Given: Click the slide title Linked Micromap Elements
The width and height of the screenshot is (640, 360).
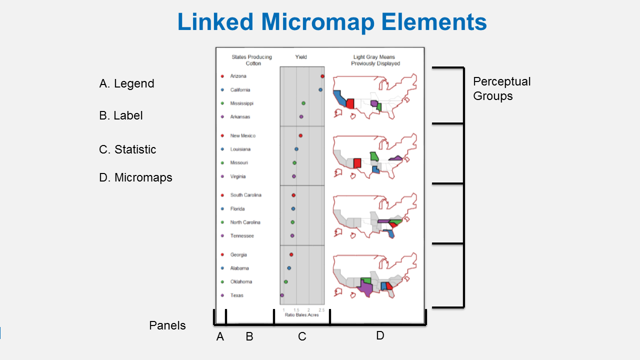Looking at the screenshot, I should click(332, 22).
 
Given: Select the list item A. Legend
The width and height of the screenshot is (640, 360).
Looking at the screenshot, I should click(126, 83).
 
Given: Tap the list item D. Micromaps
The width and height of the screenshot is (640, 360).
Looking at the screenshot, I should click(135, 177).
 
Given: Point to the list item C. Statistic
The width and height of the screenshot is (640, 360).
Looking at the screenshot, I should click(127, 149).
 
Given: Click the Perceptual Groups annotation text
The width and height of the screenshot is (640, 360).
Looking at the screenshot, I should click(501, 88).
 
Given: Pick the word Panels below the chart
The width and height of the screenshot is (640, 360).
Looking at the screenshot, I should click(167, 325).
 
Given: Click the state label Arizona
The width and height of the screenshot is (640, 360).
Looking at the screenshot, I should click(238, 76).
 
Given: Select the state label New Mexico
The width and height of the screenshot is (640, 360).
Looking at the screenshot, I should click(242, 135).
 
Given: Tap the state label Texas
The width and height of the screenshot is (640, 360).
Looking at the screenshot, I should click(236, 295).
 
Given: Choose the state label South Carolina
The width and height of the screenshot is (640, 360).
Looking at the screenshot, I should click(245, 195).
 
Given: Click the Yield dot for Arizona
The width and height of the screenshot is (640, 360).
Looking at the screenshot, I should click(322, 76).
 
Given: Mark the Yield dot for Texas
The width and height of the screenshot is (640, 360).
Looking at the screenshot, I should click(282, 295).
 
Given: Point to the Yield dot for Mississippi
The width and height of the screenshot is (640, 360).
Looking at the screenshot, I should click(303, 103).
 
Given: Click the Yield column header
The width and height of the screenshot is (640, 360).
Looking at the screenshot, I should click(301, 57).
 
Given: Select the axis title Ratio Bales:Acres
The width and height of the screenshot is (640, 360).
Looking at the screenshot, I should click(301, 315).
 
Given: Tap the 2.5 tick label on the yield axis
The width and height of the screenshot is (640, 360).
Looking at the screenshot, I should click(321, 310).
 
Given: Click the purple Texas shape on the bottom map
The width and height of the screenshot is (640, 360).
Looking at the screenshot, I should click(366, 288).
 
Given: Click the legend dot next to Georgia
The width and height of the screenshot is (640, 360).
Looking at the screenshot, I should click(222, 254).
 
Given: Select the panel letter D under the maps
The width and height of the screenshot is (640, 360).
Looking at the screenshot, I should click(380, 335).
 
